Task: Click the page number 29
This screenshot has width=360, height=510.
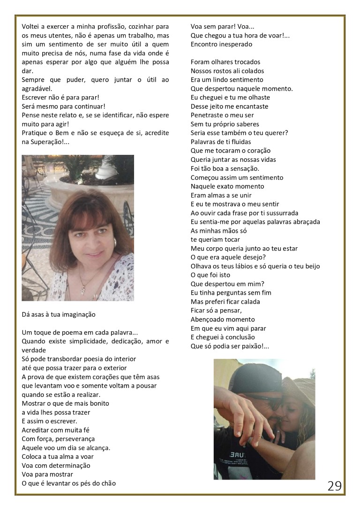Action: [x=335, y=486]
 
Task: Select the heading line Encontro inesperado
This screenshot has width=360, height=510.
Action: [x=221, y=44]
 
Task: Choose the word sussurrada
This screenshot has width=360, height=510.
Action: [x=281, y=213]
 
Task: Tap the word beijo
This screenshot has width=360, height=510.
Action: [x=311, y=266]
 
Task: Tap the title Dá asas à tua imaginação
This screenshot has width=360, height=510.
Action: [x=59, y=314]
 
